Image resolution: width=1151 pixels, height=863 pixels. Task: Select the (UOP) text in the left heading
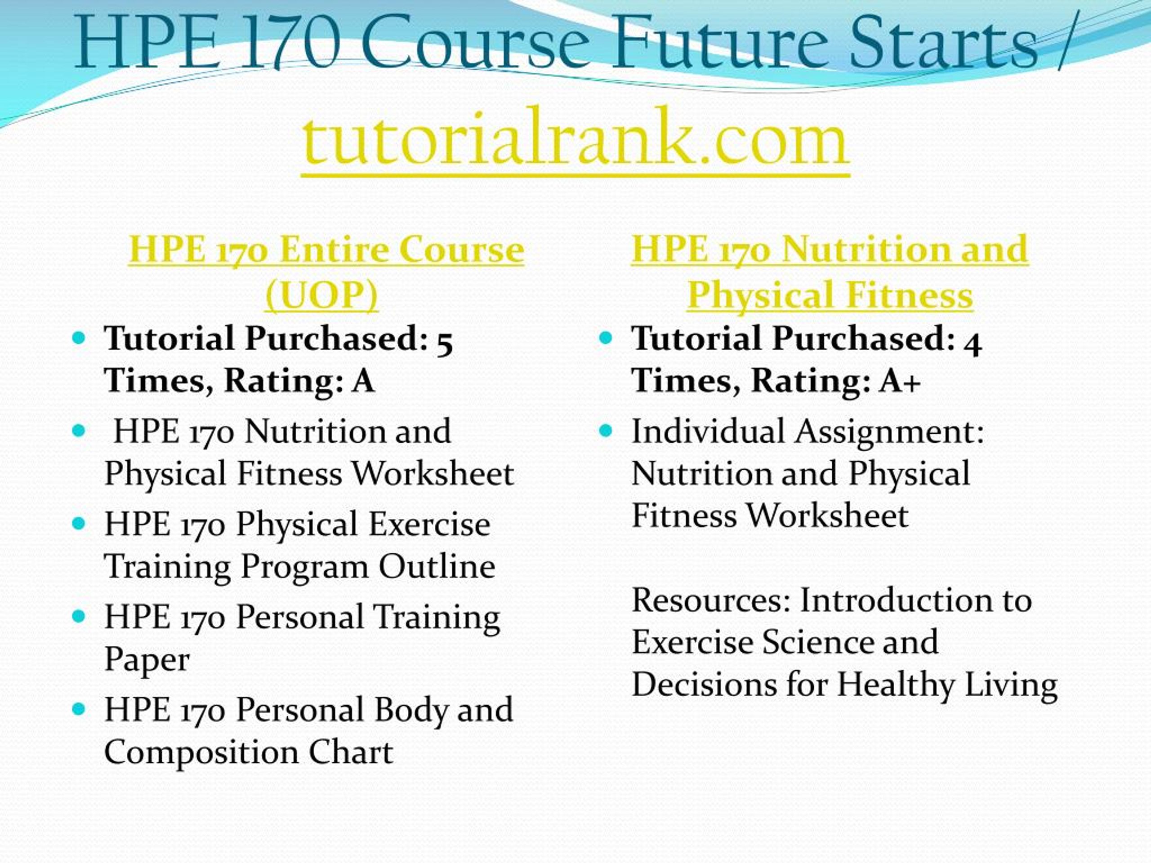(321, 295)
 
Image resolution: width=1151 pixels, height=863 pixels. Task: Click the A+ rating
(900, 380)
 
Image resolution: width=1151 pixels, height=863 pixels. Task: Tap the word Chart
(351, 752)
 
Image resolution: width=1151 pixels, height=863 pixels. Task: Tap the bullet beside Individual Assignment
(606, 431)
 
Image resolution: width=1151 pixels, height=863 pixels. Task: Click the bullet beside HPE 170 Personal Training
(79, 616)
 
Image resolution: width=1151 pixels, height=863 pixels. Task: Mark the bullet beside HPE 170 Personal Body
(79, 708)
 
